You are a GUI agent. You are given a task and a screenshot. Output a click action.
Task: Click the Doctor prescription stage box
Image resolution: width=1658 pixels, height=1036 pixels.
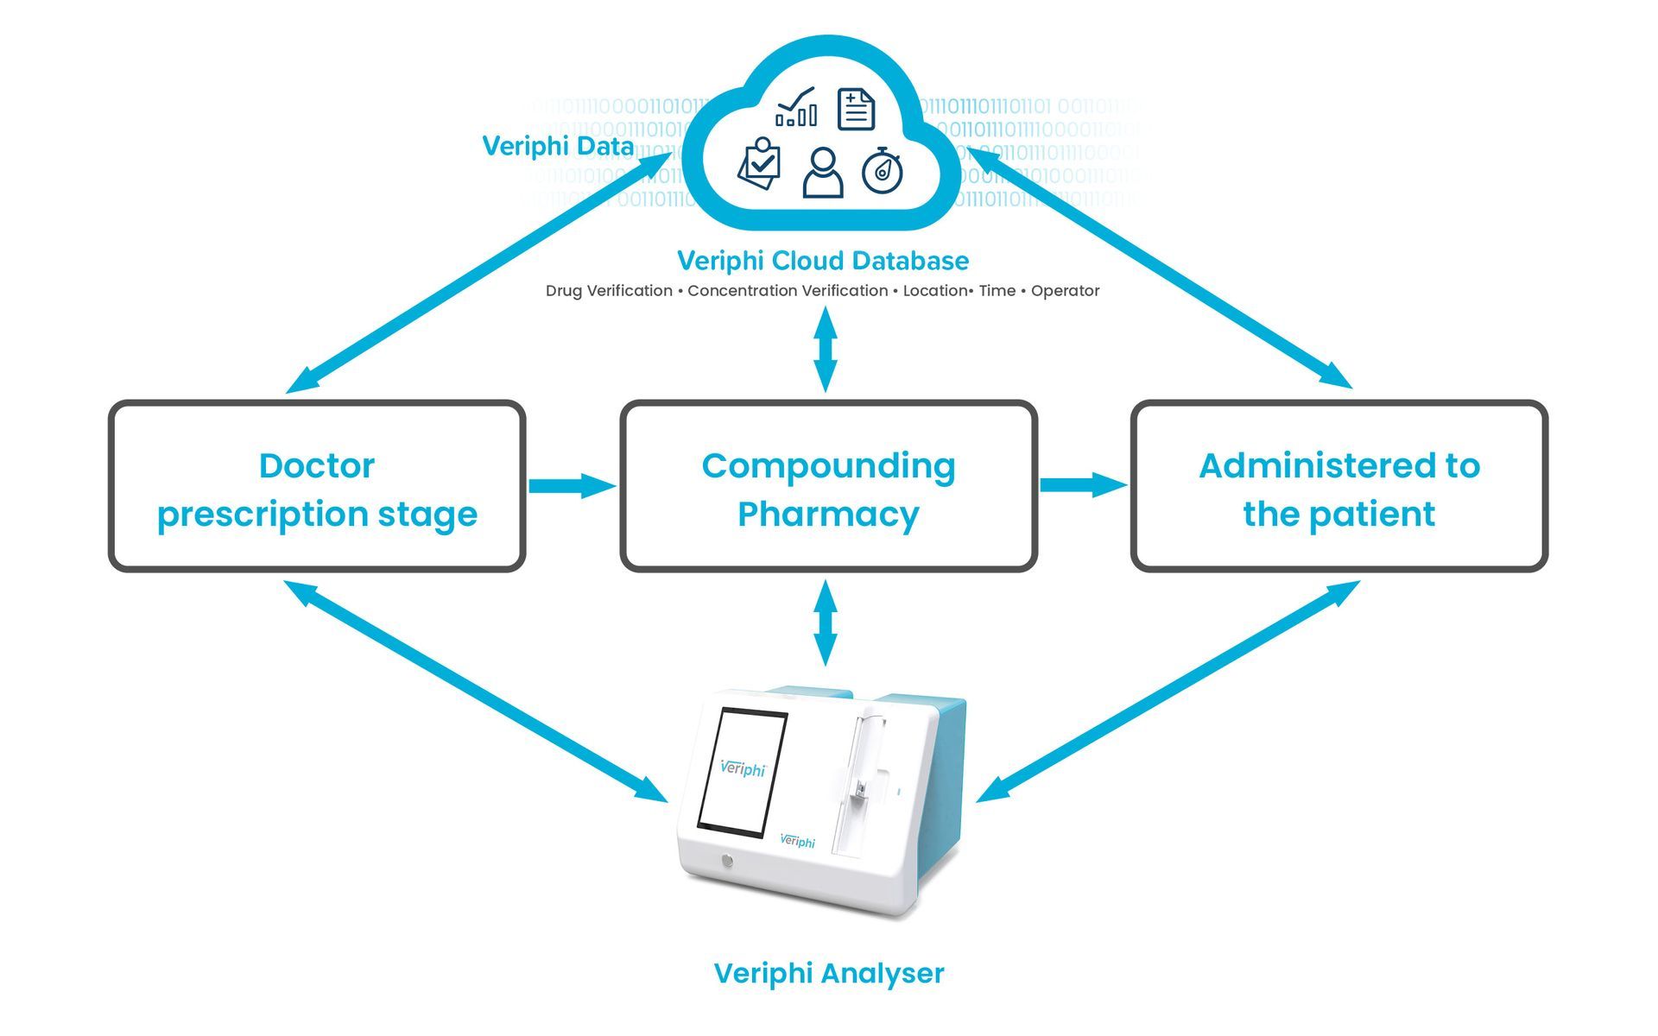point(317,486)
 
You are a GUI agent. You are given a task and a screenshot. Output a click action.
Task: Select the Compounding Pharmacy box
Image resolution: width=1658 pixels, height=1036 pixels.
point(828,486)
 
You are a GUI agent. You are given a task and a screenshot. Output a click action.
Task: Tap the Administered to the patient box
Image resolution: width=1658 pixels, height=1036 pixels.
point(1338,486)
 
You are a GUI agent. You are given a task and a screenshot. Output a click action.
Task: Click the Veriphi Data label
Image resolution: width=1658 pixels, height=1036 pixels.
point(558,146)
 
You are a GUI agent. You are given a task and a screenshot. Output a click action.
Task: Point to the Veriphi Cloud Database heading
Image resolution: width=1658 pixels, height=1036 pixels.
point(822,261)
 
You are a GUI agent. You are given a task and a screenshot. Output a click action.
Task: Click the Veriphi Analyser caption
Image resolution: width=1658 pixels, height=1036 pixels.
point(828,973)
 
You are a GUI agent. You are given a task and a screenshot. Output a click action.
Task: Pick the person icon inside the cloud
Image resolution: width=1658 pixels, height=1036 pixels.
point(822,173)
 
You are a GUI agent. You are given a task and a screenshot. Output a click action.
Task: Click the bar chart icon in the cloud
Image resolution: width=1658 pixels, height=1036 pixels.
point(796,108)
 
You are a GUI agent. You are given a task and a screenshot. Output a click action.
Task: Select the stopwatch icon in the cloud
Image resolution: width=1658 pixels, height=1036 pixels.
point(883,170)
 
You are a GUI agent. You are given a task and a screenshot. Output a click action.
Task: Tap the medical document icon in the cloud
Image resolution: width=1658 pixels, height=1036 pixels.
point(856,110)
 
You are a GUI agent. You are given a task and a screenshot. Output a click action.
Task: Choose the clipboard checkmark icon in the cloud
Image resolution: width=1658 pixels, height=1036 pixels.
point(760,163)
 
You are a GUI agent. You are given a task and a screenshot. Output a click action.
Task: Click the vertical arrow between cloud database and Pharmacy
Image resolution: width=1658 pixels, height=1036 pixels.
point(826,349)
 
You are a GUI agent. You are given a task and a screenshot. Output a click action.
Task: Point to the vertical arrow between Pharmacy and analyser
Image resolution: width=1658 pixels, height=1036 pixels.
point(826,622)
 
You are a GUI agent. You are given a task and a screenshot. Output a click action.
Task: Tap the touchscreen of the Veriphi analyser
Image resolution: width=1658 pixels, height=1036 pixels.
point(742,772)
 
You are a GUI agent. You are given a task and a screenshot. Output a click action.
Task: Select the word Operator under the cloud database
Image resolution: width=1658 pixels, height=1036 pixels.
point(1065,291)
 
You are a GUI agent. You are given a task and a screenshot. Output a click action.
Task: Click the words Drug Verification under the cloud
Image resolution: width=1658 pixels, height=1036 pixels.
point(609,291)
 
